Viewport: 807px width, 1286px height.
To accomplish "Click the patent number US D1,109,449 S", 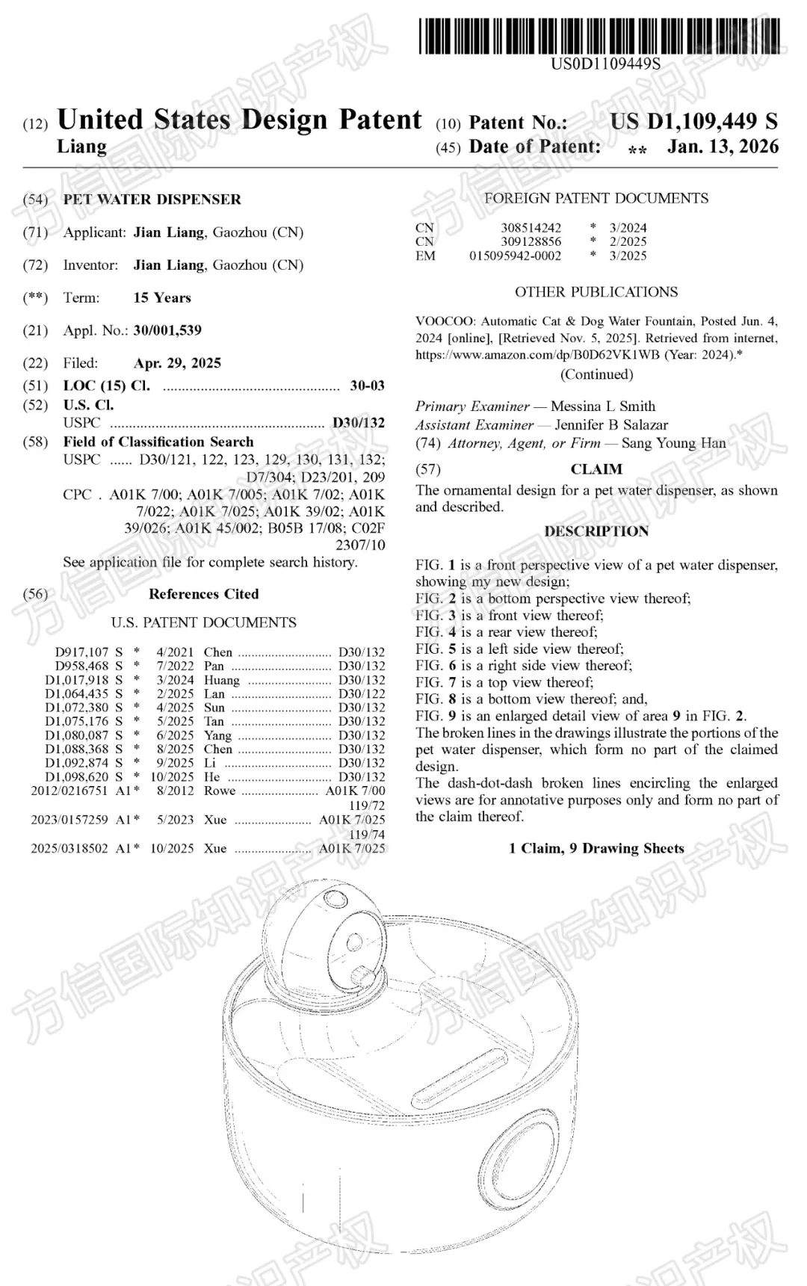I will (693, 121).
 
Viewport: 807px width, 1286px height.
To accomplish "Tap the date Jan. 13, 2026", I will (723, 146).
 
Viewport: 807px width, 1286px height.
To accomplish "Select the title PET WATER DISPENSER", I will (152, 200).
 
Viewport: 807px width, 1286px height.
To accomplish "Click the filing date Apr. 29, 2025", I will (177, 363).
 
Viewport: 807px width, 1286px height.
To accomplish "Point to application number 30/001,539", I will (167, 330).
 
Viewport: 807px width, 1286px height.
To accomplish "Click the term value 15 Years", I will (162, 297).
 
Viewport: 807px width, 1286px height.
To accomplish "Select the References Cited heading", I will (203, 594).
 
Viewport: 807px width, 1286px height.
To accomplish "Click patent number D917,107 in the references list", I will (81, 652).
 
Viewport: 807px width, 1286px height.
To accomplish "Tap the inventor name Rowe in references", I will (220, 791).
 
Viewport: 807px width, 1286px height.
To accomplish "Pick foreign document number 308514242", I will (531, 227).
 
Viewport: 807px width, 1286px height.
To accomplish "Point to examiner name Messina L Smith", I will (603, 406).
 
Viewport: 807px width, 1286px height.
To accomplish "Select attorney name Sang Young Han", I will (673, 443).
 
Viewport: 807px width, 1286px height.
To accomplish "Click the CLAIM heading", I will (596, 469).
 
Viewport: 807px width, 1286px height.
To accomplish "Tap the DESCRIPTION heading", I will (596, 531).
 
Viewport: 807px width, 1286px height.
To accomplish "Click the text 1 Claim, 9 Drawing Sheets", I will (596, 848).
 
